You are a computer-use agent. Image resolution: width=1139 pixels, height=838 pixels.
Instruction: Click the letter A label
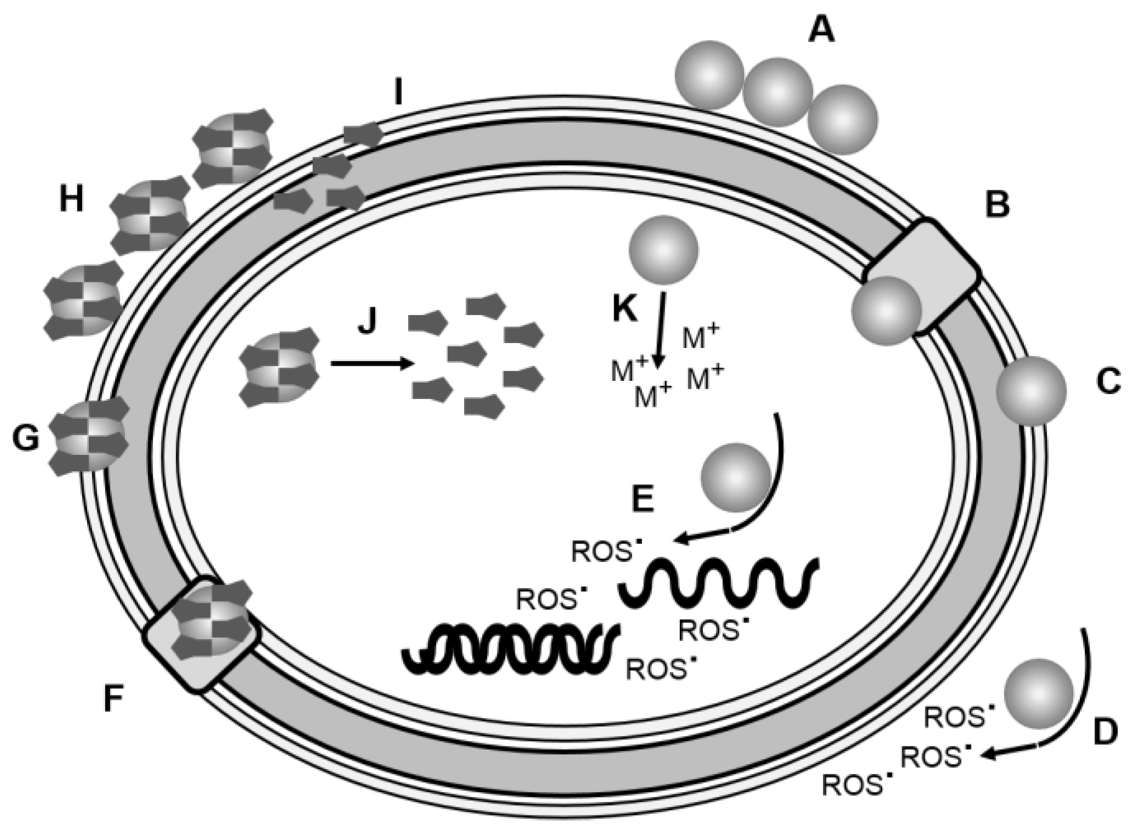821,29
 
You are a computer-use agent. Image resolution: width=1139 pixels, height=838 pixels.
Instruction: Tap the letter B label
997,204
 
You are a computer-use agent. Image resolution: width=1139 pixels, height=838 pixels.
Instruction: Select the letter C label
1108,381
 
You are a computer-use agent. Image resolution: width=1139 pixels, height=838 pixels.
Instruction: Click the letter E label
643,498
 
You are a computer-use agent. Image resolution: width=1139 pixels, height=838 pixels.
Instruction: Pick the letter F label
113,698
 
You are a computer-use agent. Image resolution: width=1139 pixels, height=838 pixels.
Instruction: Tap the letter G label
26,438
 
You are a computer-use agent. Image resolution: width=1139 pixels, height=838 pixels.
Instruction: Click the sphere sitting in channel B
886,311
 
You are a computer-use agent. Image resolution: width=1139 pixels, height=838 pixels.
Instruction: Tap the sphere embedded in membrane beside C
1031,391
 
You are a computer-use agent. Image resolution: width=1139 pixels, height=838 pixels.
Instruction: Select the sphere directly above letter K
664,250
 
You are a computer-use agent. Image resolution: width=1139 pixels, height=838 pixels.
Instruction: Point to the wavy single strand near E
718,583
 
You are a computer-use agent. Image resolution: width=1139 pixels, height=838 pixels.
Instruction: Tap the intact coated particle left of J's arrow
280,367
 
